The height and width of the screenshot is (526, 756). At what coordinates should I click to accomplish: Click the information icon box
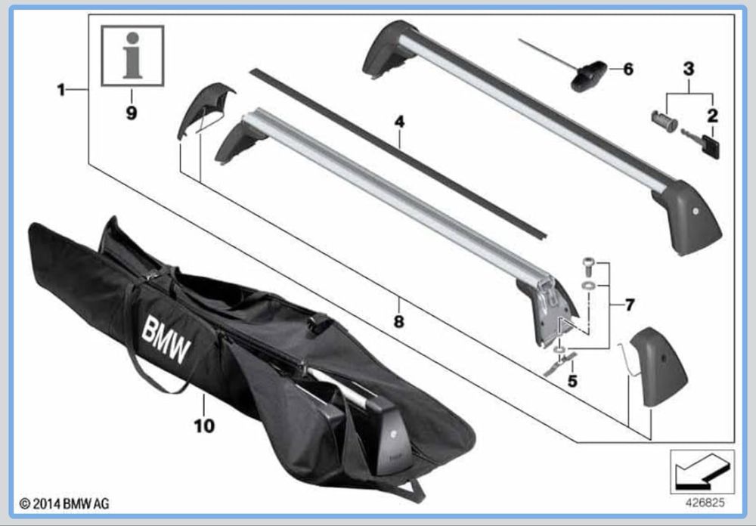pyautogui.click(x=132, y=56)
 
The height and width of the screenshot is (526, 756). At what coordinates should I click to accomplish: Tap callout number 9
pyautogui.click(x=131, y=113)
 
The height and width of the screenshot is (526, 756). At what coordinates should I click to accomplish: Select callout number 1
pyautogui.click(x=60, y=90)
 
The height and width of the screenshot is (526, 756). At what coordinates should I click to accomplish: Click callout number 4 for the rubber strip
pyautogui.click(x=399, y=122)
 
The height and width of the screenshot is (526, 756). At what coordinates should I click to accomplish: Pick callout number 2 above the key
pyautogui.click(x=712, y=115)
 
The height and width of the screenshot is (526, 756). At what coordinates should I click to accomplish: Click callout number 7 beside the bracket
pyautogui.click(x=630, y=305)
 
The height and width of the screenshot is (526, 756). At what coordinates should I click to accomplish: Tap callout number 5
pyautogui.click(x=572, y=381)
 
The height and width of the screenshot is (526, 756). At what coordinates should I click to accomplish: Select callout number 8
pyautogui.click(x=398, y=321)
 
